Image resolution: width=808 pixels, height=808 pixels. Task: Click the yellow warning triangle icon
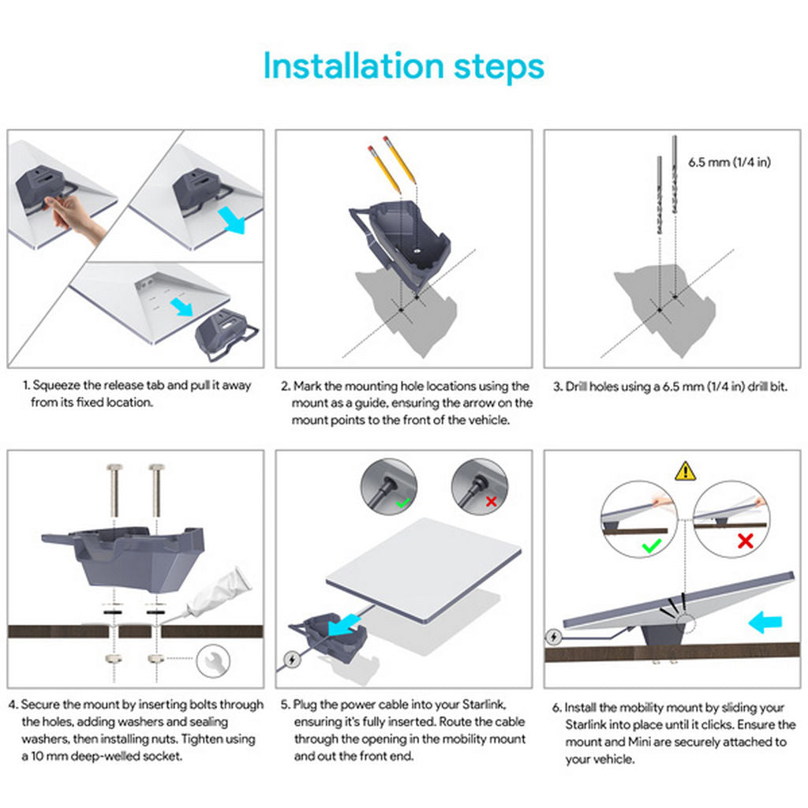[x=685, y=471]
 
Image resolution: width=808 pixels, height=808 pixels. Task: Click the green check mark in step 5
[x=404, y=501]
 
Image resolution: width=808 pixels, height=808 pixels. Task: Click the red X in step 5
[x=492, y=501]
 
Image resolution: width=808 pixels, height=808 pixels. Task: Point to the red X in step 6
[x=743, y=542]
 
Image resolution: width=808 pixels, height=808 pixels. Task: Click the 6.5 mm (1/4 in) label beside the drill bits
[x=729, y=163]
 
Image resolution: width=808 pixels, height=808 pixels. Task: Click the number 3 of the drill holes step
[x=556, y=387]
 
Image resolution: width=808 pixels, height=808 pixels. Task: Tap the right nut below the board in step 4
[x=156, y=658]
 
